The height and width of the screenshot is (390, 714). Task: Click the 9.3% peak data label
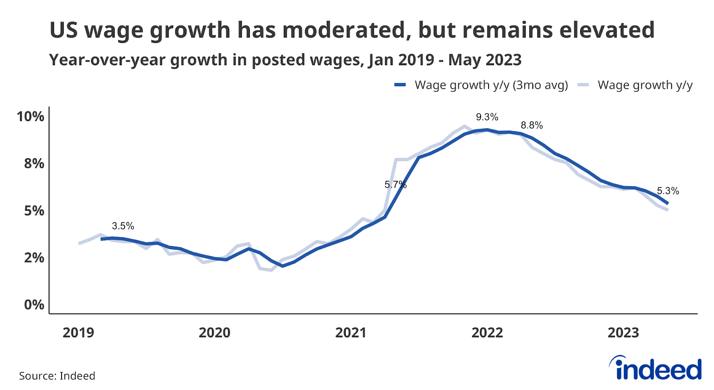[487, 117]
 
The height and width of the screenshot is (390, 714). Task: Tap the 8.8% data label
[531, 126]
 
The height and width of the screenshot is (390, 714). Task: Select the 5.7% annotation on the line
[395, 185]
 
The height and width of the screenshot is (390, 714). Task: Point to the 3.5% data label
[123, 226]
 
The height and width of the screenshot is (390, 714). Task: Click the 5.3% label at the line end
[668, 191]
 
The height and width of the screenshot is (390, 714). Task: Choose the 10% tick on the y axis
[30, 117]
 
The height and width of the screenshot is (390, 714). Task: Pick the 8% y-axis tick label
[34, 164]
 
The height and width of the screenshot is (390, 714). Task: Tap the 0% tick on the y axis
[34, 305]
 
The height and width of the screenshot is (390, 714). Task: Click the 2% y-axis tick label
[34, 258]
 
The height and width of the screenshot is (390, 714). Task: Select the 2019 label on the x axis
[78, 333]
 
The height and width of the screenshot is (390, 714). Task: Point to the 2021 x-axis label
[351, 333]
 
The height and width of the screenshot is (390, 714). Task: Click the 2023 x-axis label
[623, 333]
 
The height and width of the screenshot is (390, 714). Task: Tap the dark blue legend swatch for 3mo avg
[400, 85]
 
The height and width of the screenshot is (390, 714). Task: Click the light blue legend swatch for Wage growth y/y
[583, 85]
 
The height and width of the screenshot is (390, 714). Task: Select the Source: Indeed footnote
[57, 376]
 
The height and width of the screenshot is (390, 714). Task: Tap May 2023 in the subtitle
[485, 60]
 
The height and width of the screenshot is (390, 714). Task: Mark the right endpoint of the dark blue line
[668, 203]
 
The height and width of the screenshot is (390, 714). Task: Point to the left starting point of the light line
[79, 243]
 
